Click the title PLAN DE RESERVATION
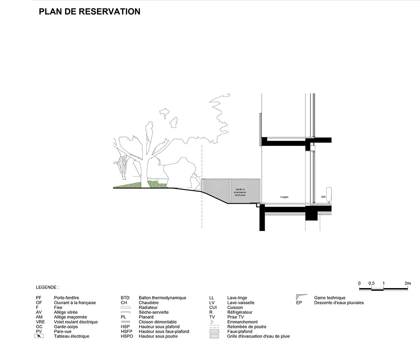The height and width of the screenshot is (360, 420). (89, 12)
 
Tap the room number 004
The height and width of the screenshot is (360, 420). (323, 197)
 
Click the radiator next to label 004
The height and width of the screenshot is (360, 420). (329, 193)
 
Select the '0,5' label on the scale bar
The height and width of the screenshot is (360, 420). (371, 284)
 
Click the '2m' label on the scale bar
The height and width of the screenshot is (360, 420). (407, 284)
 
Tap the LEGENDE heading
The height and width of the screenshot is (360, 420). (47, 288)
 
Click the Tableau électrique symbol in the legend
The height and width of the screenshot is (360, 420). (39, 336)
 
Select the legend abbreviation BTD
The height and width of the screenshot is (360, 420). (125, 298)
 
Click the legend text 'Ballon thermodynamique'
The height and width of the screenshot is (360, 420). (162, 298)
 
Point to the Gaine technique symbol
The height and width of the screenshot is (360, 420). (301, 297)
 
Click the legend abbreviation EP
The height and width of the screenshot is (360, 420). (299, 302)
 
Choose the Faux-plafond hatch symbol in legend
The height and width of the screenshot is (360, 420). (215, 331)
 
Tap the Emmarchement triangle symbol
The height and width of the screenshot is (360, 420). (213, 322)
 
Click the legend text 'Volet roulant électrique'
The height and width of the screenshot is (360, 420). (76, 322)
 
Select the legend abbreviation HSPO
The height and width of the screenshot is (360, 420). (127, 336)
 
